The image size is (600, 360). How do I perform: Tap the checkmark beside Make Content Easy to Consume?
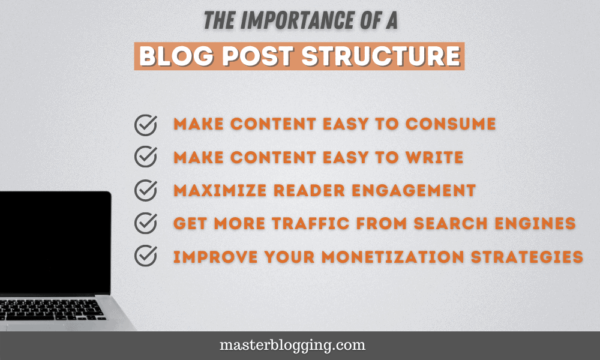(x=145, y=125)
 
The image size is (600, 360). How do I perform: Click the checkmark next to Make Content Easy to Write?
(x=145, y=157)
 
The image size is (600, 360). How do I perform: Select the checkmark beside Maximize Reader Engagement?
(x=145, y=191)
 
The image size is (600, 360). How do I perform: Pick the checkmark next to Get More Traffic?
(x=145, y=223)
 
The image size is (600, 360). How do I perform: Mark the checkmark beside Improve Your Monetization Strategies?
(x=145, y=256)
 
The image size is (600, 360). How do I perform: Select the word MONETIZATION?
(x=381, y=256)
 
